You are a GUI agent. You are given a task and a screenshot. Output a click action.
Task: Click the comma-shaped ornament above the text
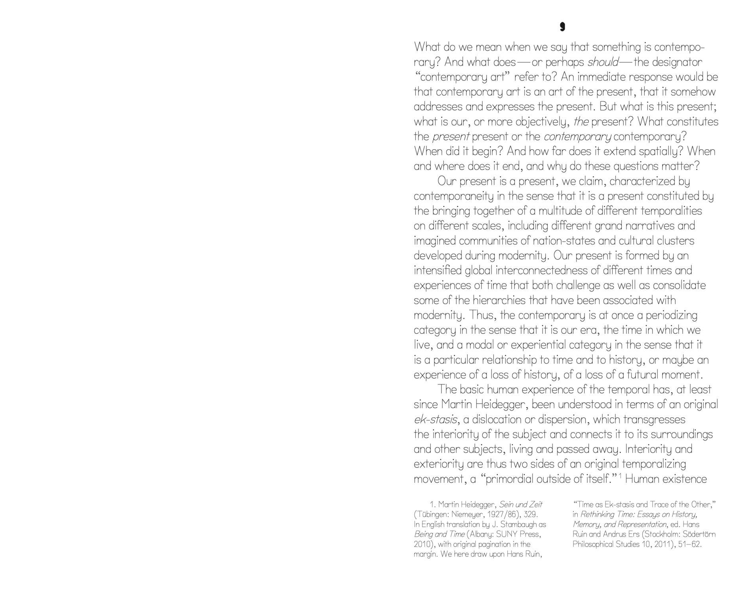(562, 27)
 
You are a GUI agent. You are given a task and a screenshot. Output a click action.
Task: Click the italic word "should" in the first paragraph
(603, 62)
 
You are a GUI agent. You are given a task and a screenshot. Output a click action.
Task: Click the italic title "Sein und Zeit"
(520, 505)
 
